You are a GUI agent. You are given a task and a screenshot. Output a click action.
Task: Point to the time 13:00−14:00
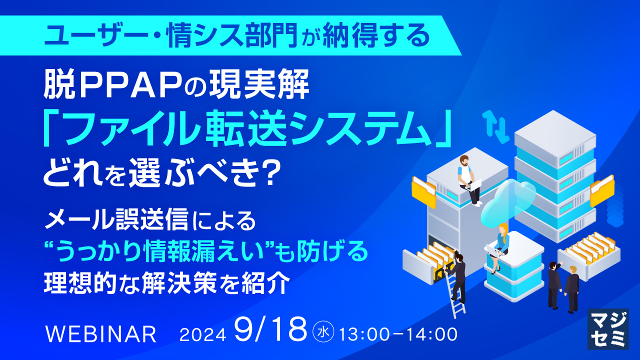coord(398,334)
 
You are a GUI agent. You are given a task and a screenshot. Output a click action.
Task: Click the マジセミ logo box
coord(607,328)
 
